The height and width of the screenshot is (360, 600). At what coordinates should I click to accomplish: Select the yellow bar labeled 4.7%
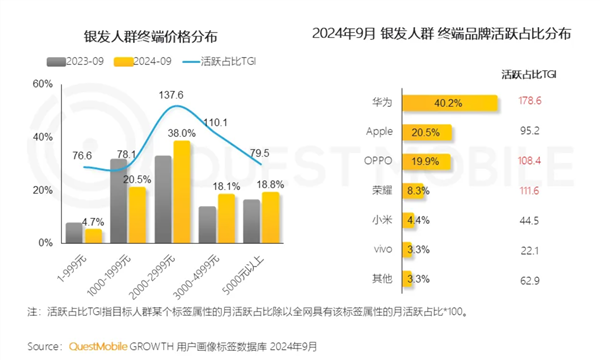(93, 235)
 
